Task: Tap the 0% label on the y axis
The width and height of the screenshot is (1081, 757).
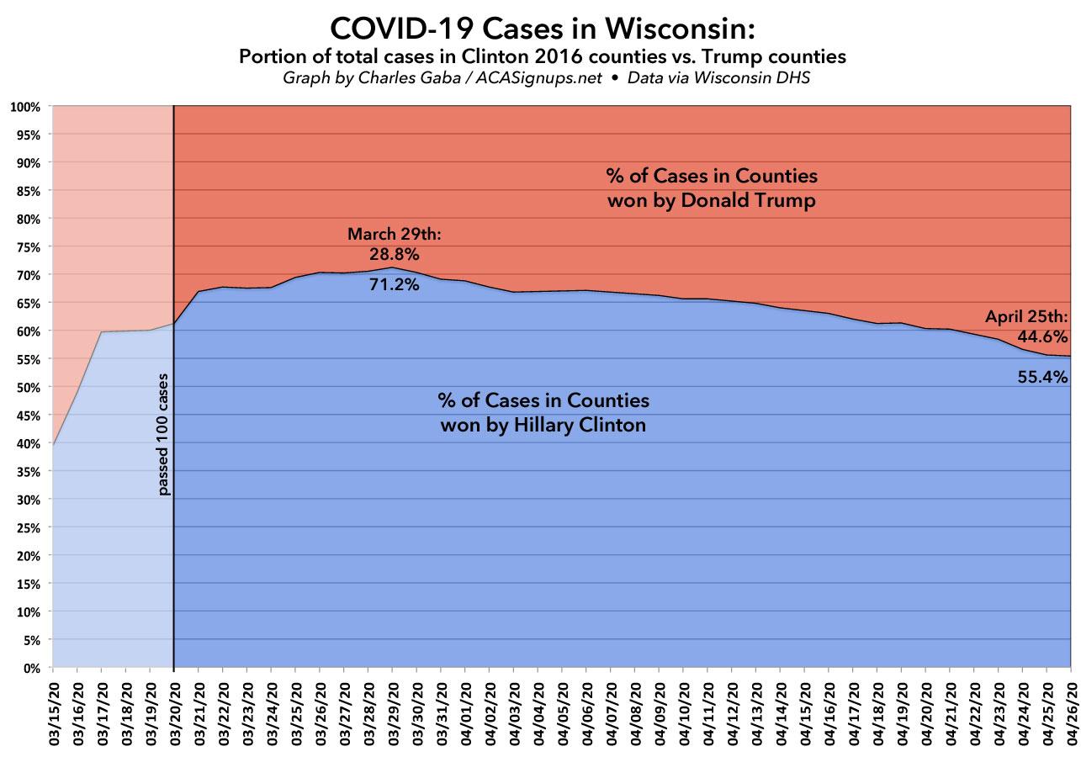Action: (x=31, y=668)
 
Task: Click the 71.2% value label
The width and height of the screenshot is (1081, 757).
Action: (x=394, y=284)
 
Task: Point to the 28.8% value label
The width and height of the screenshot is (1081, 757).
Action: (x=394, y=253)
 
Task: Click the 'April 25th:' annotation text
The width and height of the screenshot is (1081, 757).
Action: (x=1026, y=317)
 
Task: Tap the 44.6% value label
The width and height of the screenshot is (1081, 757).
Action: (x=1043, y=336)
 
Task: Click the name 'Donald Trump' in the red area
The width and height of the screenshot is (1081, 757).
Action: (x=760, y=202)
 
